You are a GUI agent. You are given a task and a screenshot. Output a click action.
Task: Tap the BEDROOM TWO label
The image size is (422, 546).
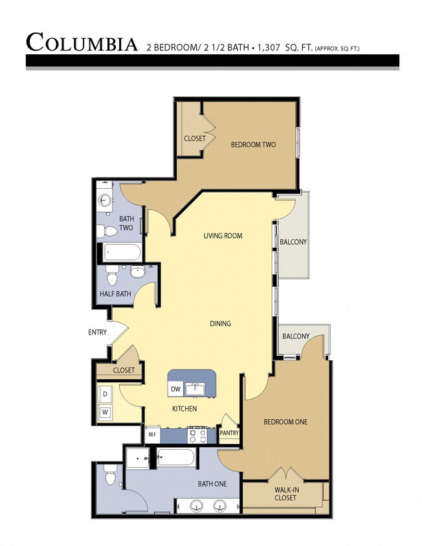[253, 144]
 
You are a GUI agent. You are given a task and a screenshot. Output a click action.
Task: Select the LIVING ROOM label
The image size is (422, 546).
[223, 235]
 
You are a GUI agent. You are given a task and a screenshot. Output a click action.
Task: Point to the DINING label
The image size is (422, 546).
[220, 323]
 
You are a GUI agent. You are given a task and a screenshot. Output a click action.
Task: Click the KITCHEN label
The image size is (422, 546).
[184, 409]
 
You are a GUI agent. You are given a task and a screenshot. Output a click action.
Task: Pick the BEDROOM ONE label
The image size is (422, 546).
[285, 422]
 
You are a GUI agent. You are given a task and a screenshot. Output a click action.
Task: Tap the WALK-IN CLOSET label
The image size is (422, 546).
[285, 494]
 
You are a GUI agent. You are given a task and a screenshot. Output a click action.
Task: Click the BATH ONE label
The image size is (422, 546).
[212, 483]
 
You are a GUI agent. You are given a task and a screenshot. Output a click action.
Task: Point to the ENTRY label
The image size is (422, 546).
[98, 333]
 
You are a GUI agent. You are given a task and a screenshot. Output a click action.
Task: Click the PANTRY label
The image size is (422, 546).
[229, 433]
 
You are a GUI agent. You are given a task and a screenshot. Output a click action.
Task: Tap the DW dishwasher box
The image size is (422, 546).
[175, 389]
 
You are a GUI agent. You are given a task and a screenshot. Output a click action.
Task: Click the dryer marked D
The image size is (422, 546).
[105, 393]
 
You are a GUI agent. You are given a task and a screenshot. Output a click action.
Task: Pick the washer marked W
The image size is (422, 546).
[105, 411]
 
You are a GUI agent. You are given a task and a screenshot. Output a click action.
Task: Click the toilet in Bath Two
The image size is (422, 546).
[110, 230]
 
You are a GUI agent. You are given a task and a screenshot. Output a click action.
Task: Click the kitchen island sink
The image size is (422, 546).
[194, 388]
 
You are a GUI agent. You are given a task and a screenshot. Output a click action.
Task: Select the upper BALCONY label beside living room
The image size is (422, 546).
[293, 242]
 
